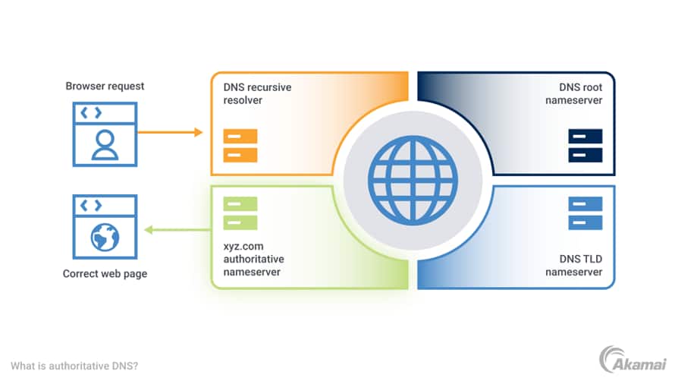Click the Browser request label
(105, 86)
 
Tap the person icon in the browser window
(105, 145)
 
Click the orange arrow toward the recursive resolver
(171, 132)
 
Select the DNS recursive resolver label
(256, 93)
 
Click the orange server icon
(240, 146)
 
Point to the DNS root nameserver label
(573, 93)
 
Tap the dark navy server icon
(585, 146)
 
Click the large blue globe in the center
(413, 180)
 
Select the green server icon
(240, 213)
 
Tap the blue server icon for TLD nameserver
(585, 213)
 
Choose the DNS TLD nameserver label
(573, 265)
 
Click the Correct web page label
(105, 274)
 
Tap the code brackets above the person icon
(91, 113)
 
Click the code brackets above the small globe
(91, 205)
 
